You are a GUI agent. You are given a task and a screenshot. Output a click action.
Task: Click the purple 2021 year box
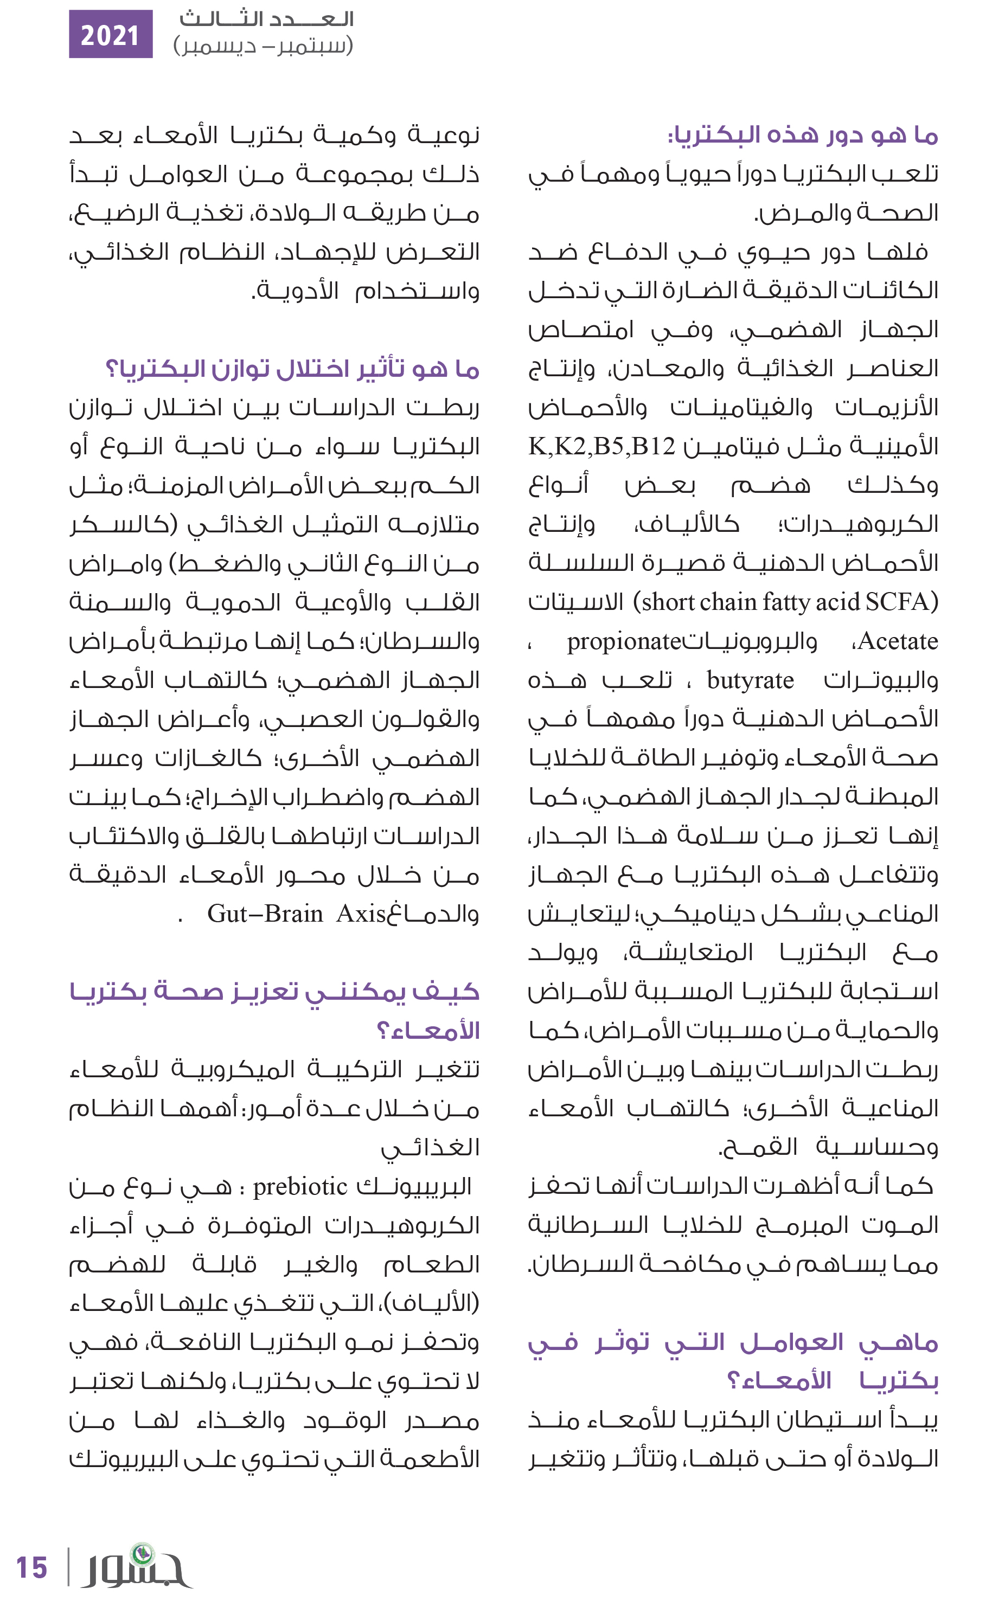(110, 34)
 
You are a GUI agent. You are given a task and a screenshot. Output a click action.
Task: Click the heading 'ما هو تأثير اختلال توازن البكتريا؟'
(293, 369)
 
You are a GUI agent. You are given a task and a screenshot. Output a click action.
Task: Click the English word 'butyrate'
(750, 681)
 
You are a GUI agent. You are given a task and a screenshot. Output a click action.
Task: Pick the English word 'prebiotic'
(300, 1186)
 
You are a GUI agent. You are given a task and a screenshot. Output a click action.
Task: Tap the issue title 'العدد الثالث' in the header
(266, 18)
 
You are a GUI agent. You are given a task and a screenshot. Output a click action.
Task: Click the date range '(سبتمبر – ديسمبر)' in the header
(263, 46)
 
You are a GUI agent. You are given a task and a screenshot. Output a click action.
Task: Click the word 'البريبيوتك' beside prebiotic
(414, 1186)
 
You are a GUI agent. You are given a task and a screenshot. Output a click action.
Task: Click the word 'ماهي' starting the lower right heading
(899, 1342)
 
